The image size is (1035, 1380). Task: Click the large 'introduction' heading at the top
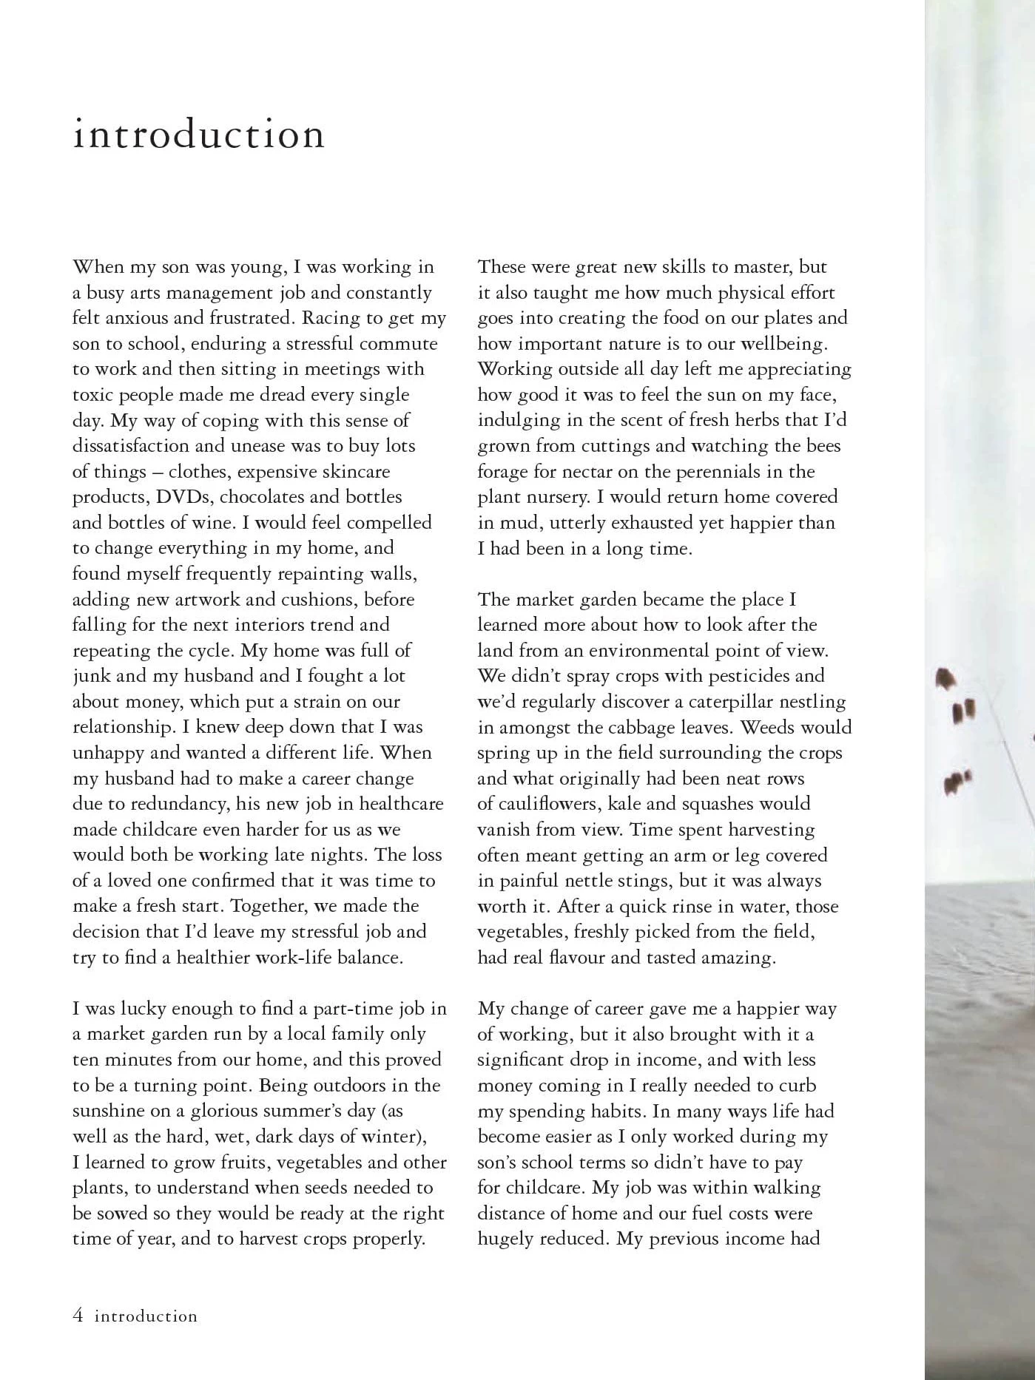click(x=198, y=135)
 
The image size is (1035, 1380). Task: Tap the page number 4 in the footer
click(x=78, y=1316)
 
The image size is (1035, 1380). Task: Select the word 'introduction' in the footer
click(x=146, y=1316)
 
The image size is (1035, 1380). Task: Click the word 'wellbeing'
click(x=786, y=344)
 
